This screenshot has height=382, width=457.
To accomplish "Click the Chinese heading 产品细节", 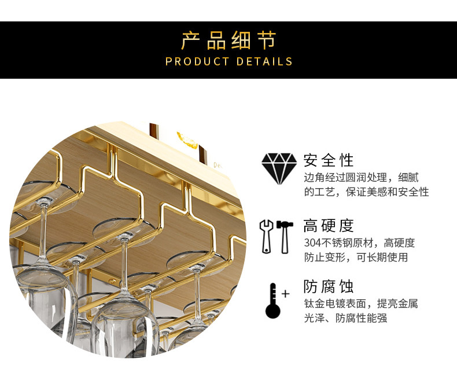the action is [x=228, y=41].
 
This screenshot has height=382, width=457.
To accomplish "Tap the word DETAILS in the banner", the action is [x=264, y=61].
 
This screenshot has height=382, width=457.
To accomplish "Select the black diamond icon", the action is [x=279, y=168].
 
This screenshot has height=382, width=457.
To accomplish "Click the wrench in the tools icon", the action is [x=267, y=236].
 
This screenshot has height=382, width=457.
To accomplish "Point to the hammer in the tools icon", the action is [x=285, y=236].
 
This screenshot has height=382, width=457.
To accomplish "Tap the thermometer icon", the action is [x=273, y=300].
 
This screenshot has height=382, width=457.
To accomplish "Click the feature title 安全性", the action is [x=328, y=160].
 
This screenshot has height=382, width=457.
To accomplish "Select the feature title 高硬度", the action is [x=328, y=226].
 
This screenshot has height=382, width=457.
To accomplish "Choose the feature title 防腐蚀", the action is [x=328, y=286].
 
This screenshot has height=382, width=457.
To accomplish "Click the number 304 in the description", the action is [x=312, y=243].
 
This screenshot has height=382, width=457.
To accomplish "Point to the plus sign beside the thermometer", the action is [x=285, y=293].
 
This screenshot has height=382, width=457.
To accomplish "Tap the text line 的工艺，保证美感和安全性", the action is [x=366, y=192].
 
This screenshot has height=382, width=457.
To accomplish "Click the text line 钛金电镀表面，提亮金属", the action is [x=361, y=303].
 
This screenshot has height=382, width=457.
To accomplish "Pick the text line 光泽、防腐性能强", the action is [x=345, y=318].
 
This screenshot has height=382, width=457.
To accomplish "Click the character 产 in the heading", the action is [x=191, y=41].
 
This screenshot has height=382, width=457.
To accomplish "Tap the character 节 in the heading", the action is [x=266, y=41].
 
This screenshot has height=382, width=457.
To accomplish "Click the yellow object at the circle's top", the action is [x=187, y=139].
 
